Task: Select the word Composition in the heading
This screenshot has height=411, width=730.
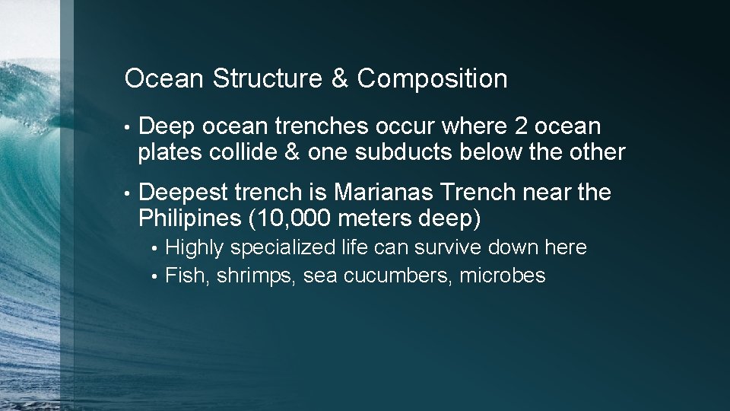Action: coord(432,78)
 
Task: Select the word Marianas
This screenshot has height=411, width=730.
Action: coord(368,193)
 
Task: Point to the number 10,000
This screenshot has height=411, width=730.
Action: coord(293,218)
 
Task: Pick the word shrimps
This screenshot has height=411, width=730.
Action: coord(256,276)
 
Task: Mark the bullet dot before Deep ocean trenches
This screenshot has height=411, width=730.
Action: coord(131,127)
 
